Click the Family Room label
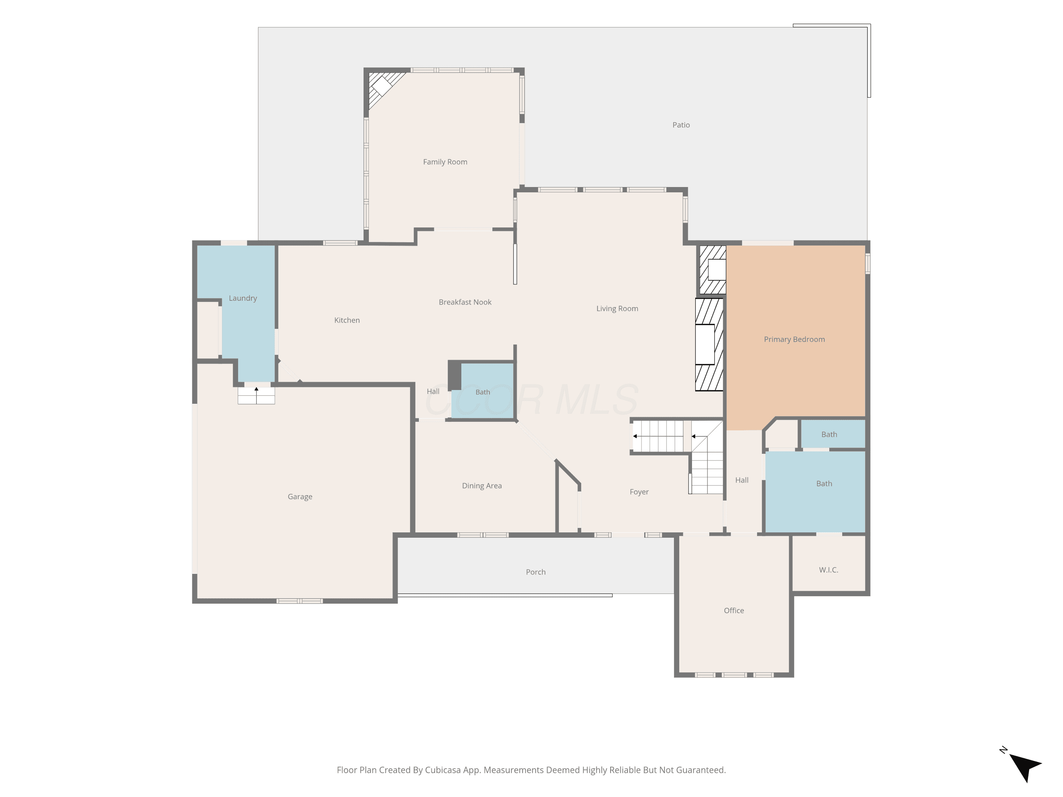pyautogui.click(x=445, y=162)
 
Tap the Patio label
pyautogui.click(x=681, y=125)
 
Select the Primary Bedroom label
pyautogui.click(x=794, y=339)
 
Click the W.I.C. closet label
pyautogui.click(x=828, y=570)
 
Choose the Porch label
pyautogui.click(x=536, y=572)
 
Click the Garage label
pyautogui.click(x=300, y=497)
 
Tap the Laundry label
pyautogui.click(x=243, y=298)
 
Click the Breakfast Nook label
pyautogui.click(x=465, y=302)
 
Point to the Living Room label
pyautogui.click(x=617, y=309)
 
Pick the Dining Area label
pyautogui.click(x=482, y=486)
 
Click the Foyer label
pyautogui.click(x=639, y=492)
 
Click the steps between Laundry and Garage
pyautogui.click(x=256, y=395)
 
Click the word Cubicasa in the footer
pyautogui.click(x=443, y=770)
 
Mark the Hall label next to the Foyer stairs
pyautogui.click(x=742, y=480)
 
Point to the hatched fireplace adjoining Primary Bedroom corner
pyautogui.click(x=712, y=270)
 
